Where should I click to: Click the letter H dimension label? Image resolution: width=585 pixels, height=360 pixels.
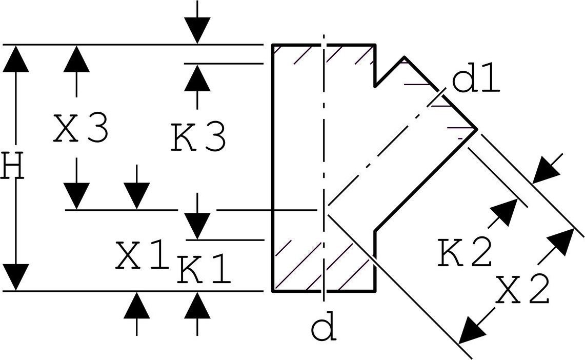point(12,166)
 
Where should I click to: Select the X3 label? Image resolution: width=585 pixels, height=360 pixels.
point(80,129)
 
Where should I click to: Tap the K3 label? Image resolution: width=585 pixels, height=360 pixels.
point(198,137)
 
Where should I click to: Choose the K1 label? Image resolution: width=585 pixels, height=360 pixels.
point(204,271)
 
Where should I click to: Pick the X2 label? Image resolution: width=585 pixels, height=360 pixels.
point(523,290)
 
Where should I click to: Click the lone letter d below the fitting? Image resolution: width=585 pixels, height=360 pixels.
point(324,328)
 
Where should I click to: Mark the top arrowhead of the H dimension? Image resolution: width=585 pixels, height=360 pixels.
point(15,58)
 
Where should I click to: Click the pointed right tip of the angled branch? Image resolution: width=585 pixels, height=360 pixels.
point(476,128)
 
